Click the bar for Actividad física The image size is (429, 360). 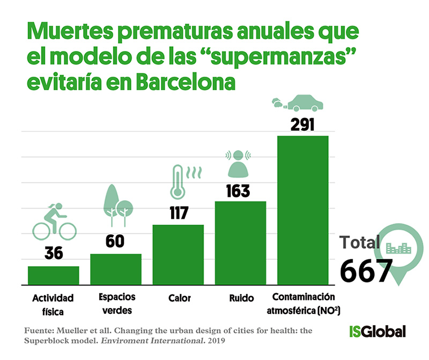(x=54, y=275)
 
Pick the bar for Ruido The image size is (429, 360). (x=240, y=242)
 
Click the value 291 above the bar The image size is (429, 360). (x=302, y=124)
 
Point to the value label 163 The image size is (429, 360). (x=240, y=190)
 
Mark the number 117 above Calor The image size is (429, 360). (x=178, y=214)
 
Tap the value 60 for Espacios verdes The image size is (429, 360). (x=115, y=242)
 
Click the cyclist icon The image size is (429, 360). (x=54, y=223)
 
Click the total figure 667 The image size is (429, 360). (x=366, y=271)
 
